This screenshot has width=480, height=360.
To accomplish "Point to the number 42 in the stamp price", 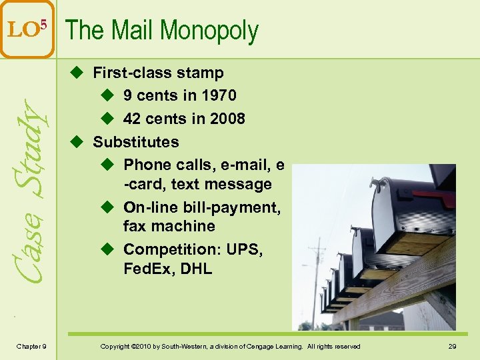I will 132,119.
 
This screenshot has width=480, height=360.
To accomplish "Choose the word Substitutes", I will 136,141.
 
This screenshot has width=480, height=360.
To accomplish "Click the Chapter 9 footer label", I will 31,346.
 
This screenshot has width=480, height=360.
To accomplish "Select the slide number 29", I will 451,346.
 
